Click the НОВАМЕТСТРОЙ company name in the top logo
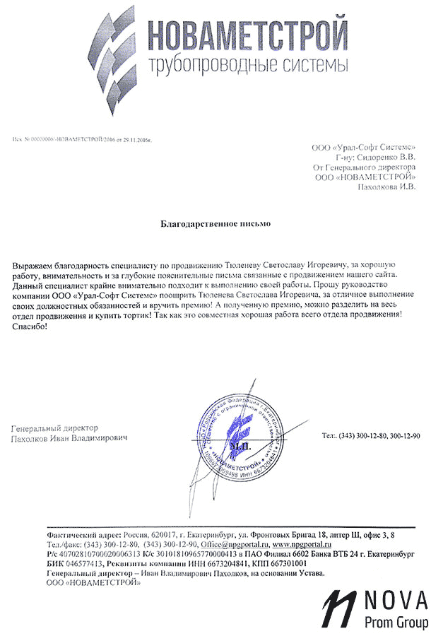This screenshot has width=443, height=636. coord(248,36)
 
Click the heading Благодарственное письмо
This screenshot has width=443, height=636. coord(215,224)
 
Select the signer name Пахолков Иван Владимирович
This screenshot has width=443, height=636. coord(71,439)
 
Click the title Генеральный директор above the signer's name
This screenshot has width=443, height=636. coord(55,428)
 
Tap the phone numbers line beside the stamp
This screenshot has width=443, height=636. coord(370,437)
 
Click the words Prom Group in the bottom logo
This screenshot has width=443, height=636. coord(396,622)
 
